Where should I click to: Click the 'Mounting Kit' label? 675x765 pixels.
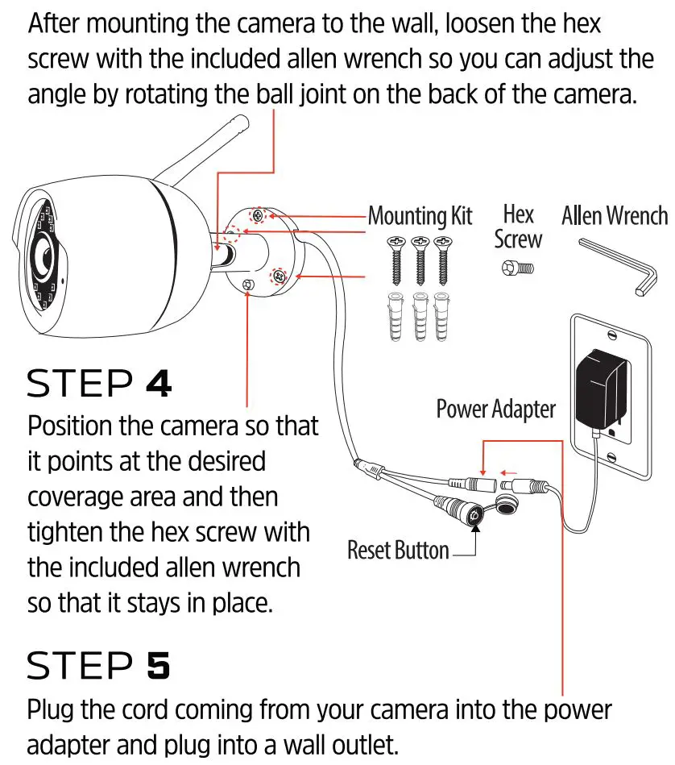pyautogui.click(x=420, y=216)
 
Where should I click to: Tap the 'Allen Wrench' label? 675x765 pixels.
pyautogui.click(x=614, y=216)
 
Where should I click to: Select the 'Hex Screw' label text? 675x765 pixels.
pyautogui.click(x=518, y=227)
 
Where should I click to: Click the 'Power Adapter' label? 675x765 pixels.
pyautogui.click(x=495, y=409)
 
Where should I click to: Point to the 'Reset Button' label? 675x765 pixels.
pyautogui.click(x=398, y=551)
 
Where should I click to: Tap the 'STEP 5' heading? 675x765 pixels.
pyautogui.click(x=98, y=666)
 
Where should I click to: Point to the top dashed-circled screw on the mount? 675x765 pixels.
pyautogui.click(x=258, y=215)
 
